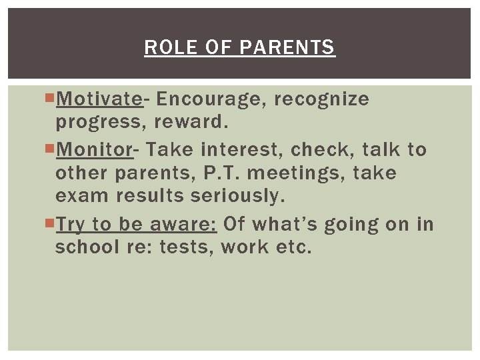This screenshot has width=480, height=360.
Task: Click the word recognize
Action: [x=321, y=99]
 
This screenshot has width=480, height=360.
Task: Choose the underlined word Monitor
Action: [x=95, y=149]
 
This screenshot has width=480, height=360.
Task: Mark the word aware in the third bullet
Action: [x=182, y=223]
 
